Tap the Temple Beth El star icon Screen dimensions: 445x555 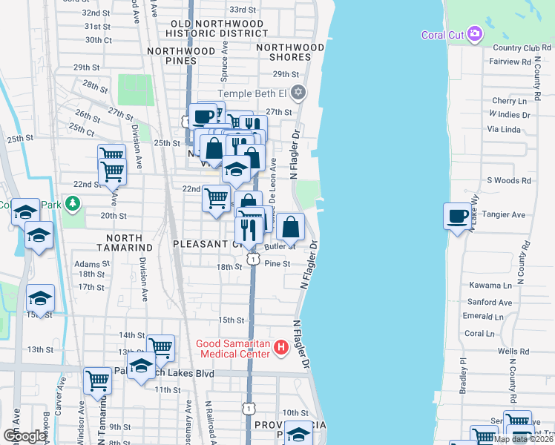click(x=298, y=93)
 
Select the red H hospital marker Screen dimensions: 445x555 click(x=280, y=346)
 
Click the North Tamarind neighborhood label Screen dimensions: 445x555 click(x=124, y=242)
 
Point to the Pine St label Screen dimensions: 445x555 click(x=276, y=263)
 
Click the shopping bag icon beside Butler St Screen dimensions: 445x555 click(x=292, y=227)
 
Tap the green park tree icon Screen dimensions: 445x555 click(x=72, y=202)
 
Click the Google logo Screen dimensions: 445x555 click(x=24, y=436)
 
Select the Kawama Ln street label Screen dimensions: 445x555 click(x=490, y=285)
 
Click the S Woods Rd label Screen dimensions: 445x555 click(x=509, y=180)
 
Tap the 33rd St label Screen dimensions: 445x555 click(x=243, y=10)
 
